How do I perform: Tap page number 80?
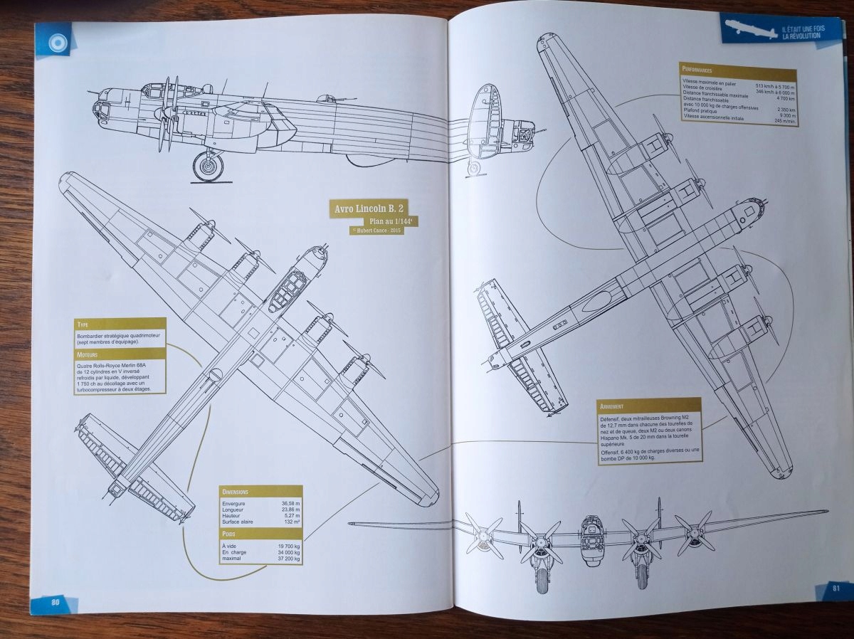pos(54,602)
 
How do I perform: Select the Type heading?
pos(83,324)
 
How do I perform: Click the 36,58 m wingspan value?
pos(287,503)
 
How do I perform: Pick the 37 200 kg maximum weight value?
pos(285,558)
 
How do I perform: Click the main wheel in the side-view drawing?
pos(208,167)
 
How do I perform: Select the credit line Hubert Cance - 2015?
pos(376,231)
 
